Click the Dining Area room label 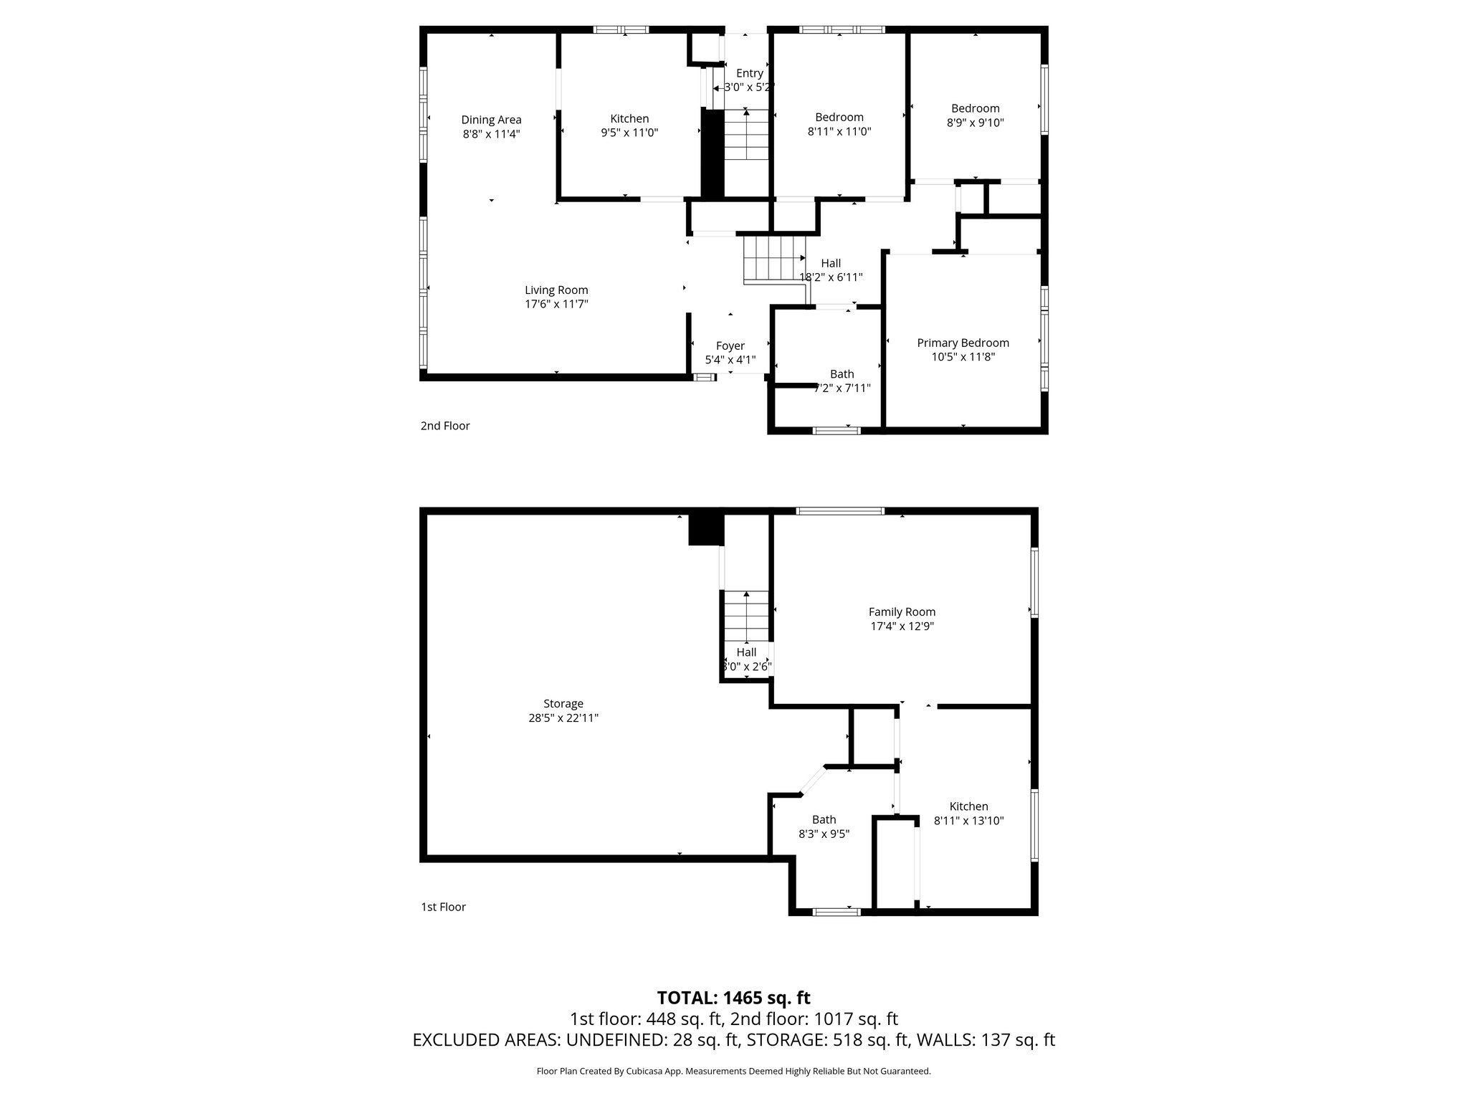click(491, 120)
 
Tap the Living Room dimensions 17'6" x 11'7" click(556, 304)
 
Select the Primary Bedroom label click(963, 343)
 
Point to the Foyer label click(730, 346)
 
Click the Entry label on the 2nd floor click(750, 73)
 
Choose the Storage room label click(563, 704)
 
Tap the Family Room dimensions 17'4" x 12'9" click(902, 626)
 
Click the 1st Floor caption click(443, 907)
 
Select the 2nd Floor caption click(445, 426)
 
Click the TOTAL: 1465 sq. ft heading click(733, 998)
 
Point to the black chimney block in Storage click(706, 529)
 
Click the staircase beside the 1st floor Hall click(745, 616)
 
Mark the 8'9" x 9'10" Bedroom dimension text click(975, 123)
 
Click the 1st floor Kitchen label click(968, 806)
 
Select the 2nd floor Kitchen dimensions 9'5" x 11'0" click(629, 133)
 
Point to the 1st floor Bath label click(824, 820)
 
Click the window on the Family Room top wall click(840, 511)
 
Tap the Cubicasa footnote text click(733, 1072)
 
